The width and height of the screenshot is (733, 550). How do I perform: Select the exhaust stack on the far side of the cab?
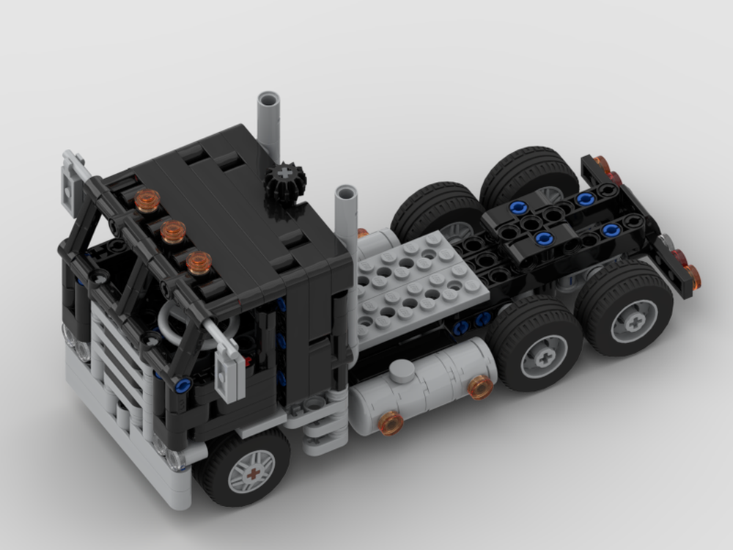[269, 125]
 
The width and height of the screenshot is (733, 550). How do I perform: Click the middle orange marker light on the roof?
[173, 232]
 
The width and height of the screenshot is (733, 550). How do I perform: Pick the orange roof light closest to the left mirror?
[147, 200]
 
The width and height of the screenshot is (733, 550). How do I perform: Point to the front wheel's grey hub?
[251, 471]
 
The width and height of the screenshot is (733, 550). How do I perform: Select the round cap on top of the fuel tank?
[402, 371]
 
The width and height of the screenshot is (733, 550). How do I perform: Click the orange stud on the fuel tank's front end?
[391, 422]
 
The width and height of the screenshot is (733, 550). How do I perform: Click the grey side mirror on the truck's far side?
[73, 180]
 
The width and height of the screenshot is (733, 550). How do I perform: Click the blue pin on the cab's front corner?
[183, 384]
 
